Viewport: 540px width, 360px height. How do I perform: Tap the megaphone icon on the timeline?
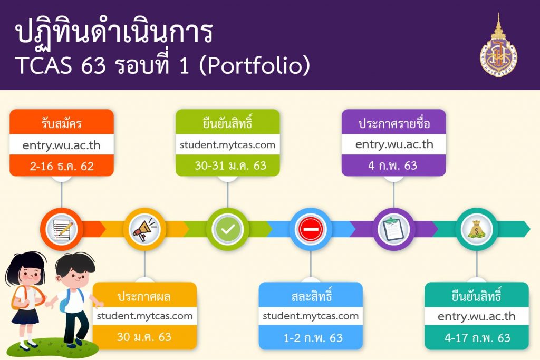pos(144,229)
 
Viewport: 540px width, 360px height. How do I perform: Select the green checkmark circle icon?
pos(228,229)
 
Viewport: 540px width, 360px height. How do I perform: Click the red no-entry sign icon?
pos(311,229)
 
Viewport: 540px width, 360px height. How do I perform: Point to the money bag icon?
pos(477,229)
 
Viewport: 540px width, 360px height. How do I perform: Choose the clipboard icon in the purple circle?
pos(393,229)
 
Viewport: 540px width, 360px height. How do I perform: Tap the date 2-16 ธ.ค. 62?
pos(62,166)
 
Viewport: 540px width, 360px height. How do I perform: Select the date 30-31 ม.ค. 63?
pos(230,166)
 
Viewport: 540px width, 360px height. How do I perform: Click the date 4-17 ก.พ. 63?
pos(477,338)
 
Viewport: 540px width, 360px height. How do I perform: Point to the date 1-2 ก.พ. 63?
pos(313,338)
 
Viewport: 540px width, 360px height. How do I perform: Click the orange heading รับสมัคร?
pos(62,123)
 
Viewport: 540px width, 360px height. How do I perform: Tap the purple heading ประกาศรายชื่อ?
pos(394,123)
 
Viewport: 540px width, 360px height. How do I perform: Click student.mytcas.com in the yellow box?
pos(144,316)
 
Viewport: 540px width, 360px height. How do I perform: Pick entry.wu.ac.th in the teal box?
pos(477,316)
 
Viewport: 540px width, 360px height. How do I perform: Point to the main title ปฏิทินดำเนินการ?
pos(114,33)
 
